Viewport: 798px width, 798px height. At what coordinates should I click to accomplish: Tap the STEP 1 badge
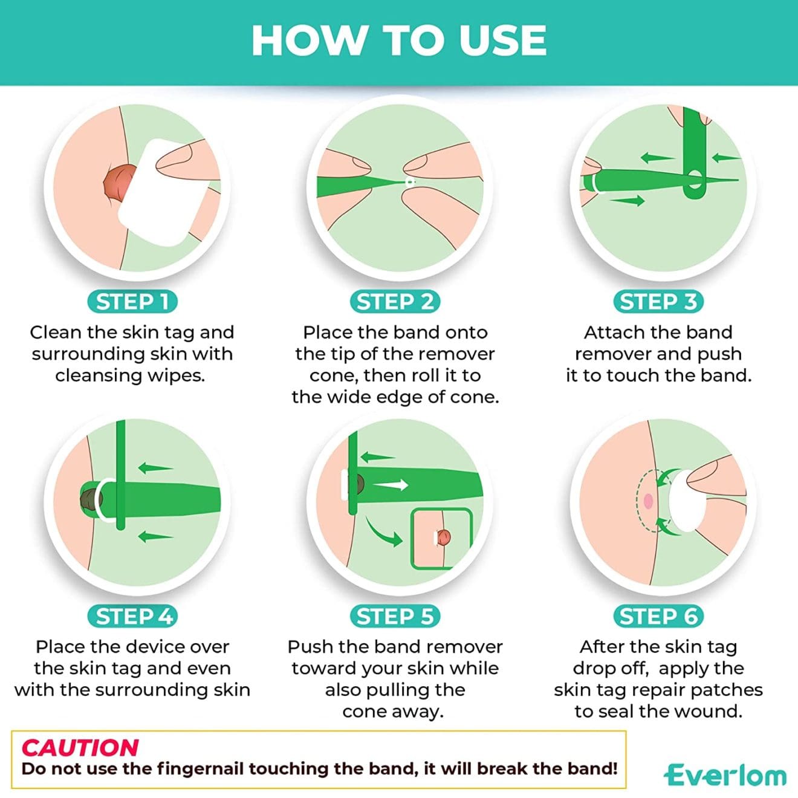point(132,302)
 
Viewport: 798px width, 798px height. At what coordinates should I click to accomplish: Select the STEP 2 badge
point(395,302)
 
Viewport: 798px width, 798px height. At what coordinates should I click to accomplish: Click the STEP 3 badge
point(658,302)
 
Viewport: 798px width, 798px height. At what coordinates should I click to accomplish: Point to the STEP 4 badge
point(132,616)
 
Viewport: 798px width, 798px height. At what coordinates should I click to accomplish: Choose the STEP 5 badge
point(395,616)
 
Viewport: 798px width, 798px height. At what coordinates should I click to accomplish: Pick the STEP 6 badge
point(658,616)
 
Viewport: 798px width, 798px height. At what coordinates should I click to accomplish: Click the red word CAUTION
point(80,748)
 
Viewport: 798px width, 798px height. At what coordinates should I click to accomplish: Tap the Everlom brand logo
point(725,775)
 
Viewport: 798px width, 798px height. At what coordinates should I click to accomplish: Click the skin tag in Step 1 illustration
point(118,182)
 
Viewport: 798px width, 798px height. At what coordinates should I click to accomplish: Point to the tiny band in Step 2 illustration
point(410,181)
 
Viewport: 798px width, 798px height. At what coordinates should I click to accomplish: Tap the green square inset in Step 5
point(441,539)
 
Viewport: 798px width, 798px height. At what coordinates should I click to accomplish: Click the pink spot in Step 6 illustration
point(648,501)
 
